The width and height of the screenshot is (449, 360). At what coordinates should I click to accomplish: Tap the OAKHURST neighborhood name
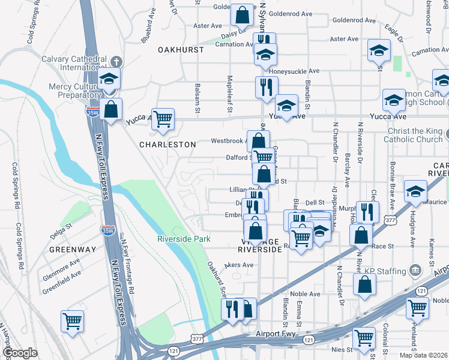point(181,50)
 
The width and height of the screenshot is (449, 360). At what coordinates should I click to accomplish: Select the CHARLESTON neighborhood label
point(167,145)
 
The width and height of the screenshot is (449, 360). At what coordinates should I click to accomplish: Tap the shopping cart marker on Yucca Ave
point(163,119)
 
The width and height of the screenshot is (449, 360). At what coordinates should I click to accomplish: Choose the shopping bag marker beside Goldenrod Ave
point(241,16)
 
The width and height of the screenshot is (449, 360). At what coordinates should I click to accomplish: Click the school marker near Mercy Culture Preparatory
point(109,79)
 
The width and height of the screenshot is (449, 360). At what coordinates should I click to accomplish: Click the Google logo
point(20,353)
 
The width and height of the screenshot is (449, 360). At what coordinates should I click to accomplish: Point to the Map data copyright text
point(423,355)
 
